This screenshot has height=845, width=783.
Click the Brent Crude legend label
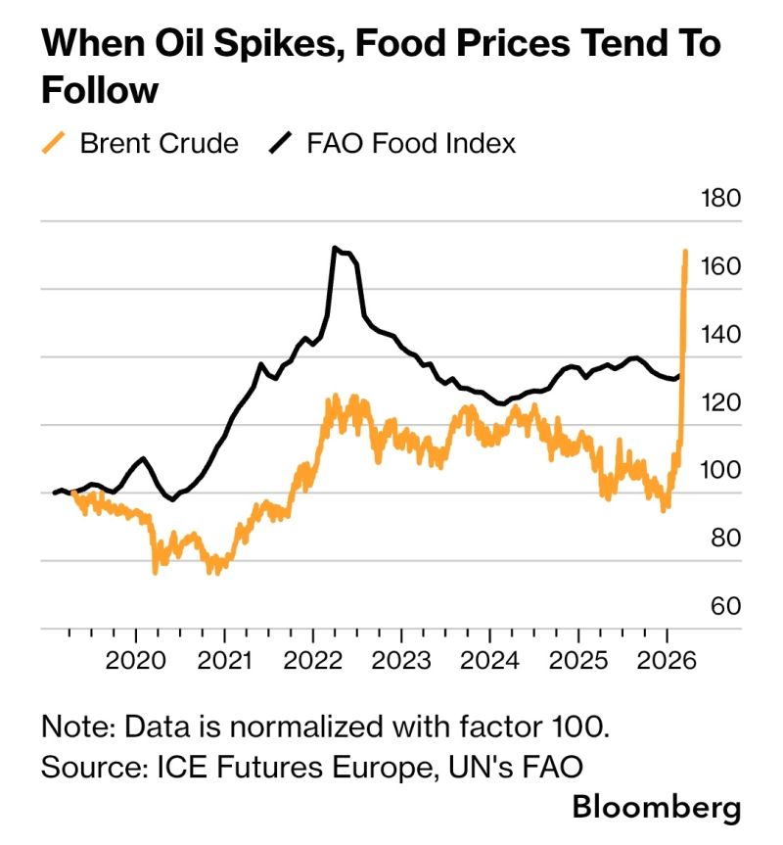click(159, 144)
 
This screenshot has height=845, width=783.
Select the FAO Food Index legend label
click(411, 144)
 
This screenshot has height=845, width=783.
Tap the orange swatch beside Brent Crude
click(56, 144)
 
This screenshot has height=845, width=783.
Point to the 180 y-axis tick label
click(720, 199)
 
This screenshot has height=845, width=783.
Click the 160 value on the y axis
click(720, 266)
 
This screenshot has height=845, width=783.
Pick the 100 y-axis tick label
click(720, 470)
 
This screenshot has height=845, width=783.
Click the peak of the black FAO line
click(335, 249)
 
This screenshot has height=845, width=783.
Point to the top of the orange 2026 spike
click(685, 252)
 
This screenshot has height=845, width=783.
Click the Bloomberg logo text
click(657, 808)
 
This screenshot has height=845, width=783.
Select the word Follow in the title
click(99, 90)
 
